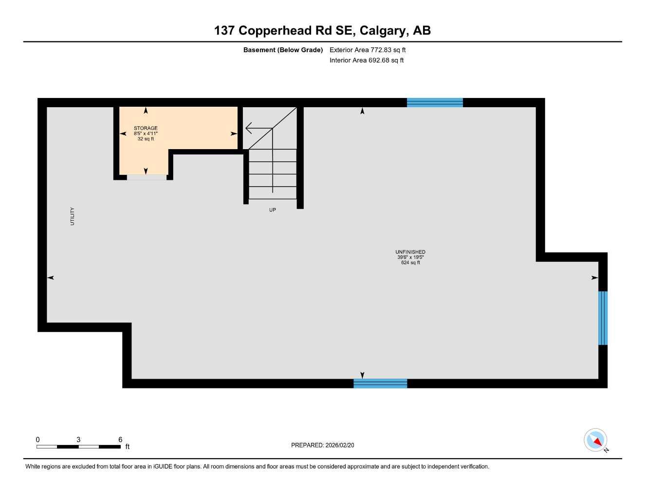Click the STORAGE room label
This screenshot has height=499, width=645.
pos(146,128)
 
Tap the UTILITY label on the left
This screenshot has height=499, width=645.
pos(73,216)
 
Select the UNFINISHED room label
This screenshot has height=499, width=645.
pos(410,252)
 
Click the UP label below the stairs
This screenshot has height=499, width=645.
pos(273,210)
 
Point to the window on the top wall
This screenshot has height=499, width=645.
pos(435,102)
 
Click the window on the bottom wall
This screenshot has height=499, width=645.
pos(380,384)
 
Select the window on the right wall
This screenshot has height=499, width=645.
pos(603,318)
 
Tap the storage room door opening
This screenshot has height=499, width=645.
pos(147,177)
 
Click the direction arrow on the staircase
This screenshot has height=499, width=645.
pos(258,129)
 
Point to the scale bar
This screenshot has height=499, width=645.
pos(78,446)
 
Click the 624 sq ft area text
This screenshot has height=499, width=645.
pos(410,263)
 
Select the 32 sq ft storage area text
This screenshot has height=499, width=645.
pos(146,139)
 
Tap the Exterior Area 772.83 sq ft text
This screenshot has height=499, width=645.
pos(368,50)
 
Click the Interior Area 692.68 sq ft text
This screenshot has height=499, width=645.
pos(367,60)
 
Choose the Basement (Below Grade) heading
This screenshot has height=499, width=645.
pos(283,50)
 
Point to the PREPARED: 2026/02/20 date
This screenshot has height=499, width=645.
pos(322,445)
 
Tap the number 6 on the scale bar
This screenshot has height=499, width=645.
pos(120,440)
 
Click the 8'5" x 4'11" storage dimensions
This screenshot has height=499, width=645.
pos(146,134)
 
